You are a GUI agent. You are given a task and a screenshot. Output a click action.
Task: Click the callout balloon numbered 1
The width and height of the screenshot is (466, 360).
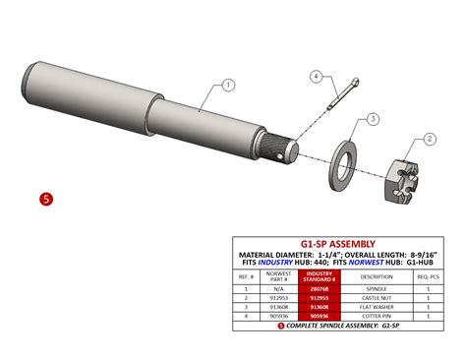click(227, 86)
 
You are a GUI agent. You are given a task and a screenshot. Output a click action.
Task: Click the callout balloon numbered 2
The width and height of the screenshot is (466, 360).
click(429, 140)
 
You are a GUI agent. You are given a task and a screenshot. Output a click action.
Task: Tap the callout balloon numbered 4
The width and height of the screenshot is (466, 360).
click(317, 76)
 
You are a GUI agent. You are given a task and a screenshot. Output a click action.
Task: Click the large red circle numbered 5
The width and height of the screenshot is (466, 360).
click(45, 199)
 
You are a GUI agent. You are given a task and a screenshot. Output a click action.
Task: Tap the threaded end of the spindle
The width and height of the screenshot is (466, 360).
click(288, 149)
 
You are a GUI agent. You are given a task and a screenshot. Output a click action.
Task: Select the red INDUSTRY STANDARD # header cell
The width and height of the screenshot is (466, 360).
click(321, 277)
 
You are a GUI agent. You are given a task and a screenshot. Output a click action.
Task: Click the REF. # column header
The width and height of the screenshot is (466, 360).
click(245, 277)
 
